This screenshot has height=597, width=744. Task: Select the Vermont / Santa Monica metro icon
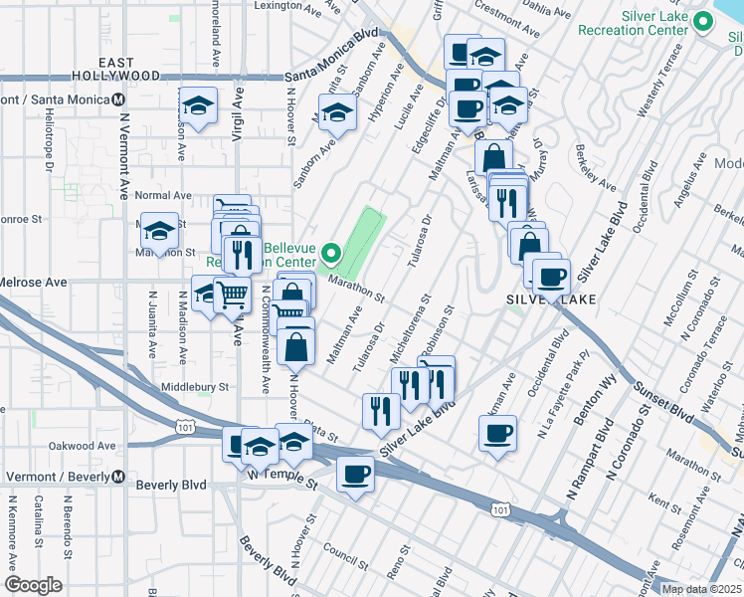[x=118, y=99]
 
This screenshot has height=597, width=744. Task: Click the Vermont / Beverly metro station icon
[x=118, y=477]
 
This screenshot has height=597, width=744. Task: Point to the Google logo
[x=33, y=585]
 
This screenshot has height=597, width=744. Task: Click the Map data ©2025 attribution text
[x=702, y=589]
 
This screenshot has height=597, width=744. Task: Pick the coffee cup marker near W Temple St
[x=354, y=474]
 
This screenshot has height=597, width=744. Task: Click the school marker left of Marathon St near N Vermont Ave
[x=158, y=231]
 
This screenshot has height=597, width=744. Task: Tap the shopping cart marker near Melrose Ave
[x=232, y=295]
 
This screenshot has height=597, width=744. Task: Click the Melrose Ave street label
[x=33, y=283]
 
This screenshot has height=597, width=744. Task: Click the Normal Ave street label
[x=163, y=196]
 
